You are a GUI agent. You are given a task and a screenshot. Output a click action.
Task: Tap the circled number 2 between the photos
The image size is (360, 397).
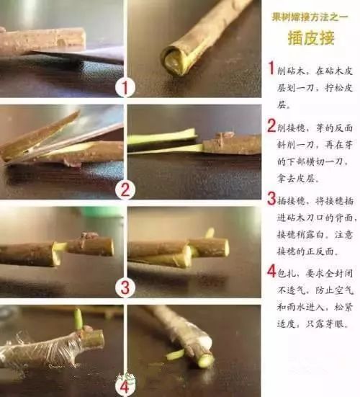click(x=126, y=190)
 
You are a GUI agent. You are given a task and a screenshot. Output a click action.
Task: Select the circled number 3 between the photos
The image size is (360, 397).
click(x=126, y=287)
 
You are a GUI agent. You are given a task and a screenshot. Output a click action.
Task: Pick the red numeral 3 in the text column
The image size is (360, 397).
click(x=271, y=199)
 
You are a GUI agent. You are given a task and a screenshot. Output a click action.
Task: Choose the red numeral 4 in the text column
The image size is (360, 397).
click(x=271, y=272)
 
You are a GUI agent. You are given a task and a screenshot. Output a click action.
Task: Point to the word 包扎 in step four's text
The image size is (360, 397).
click(x=288, y=273)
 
